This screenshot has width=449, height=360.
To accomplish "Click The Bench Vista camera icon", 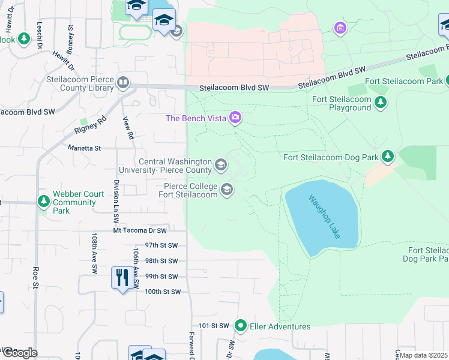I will click(235, 118).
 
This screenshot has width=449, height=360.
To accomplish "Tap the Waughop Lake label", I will click(324, 216).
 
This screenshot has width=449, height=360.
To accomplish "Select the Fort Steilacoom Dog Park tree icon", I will click(388, 157).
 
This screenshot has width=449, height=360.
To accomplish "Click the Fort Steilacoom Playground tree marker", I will click(380, 103).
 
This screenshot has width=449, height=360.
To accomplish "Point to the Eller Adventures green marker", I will click(241, 326).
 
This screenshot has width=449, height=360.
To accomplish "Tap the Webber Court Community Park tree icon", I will click(43, 202).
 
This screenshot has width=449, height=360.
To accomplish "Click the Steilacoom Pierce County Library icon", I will click(123, 83).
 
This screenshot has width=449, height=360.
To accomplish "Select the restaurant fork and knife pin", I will click(122, 278).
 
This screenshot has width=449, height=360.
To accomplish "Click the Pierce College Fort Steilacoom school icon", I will click(226, 190).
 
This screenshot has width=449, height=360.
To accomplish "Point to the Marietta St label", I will click(85, 147).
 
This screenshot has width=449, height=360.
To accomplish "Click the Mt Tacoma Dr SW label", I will click(140, 230).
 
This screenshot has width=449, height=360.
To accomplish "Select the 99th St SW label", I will click(161, 277).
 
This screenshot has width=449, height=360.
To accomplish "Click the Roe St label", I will click(36, 278).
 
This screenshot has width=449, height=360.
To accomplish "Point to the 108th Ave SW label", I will click(94, 254).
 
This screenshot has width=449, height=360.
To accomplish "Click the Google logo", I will click(19, 352).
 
